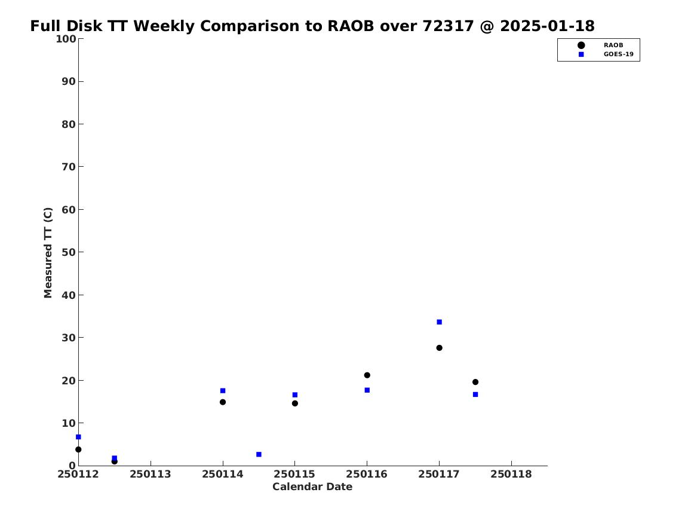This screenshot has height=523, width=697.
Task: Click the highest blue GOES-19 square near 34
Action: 439,322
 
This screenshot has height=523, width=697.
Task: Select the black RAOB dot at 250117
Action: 439,348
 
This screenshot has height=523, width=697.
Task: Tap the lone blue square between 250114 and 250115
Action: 259,454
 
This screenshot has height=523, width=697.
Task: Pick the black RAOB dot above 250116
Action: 367,375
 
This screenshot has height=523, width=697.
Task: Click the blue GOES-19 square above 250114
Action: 223,391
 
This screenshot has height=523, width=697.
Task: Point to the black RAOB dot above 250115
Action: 294,403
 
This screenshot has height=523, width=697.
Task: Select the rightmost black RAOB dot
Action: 475,382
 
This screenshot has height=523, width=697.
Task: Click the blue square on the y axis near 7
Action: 79,437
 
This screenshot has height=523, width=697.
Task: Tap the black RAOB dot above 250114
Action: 223,402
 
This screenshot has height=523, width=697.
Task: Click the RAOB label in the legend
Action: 613,45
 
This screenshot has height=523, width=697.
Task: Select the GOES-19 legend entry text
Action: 618,54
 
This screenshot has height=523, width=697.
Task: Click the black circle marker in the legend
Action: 581,45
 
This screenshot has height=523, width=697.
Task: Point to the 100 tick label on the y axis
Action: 66,39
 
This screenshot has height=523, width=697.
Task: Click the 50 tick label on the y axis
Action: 69,252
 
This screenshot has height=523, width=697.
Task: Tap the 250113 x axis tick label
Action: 151,475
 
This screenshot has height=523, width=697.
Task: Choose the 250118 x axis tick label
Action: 511,475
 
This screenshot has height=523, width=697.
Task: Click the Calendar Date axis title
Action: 312,487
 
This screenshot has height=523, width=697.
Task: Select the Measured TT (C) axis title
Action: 48,253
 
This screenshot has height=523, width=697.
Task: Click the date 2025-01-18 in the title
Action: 547,26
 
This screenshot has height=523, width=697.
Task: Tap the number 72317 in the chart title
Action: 448,26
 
